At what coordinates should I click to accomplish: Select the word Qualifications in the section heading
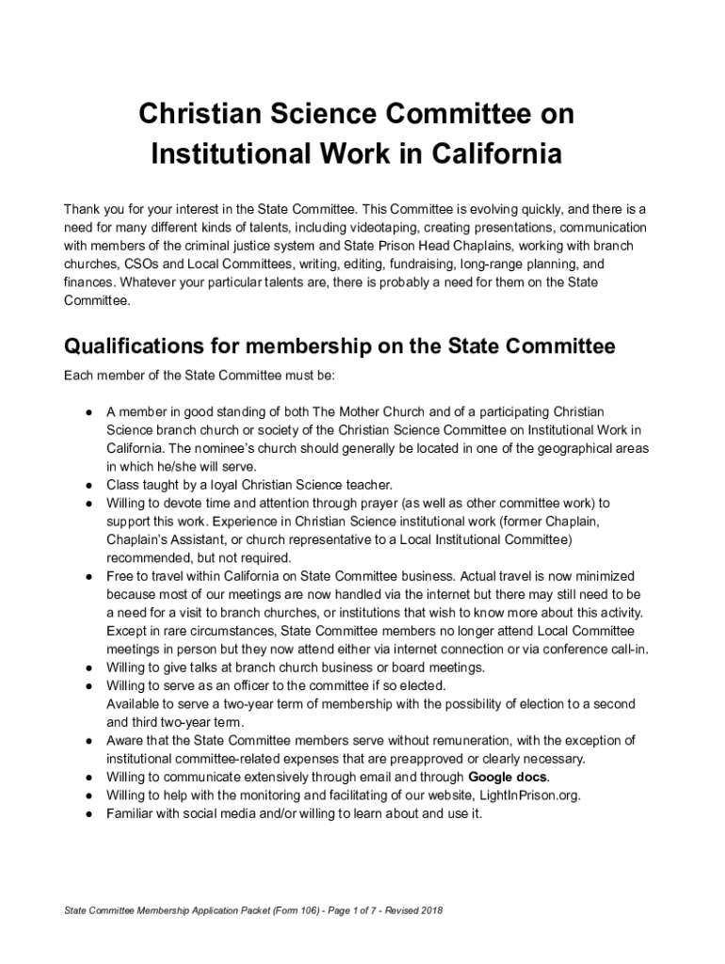click(x=141, y=347)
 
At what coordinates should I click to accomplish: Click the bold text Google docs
click(x=507, y=777)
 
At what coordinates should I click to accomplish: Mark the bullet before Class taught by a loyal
click(x=87, y=485)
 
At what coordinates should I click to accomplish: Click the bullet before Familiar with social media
click(x=87, y=813)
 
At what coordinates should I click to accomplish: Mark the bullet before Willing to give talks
click(x=87, y=667)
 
